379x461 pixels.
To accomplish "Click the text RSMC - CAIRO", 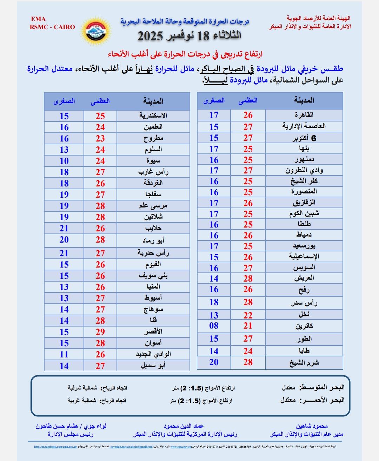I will pos(52,27).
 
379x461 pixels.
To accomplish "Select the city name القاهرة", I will pos(304,115).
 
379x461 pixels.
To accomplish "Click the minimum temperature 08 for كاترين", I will pos(214,326).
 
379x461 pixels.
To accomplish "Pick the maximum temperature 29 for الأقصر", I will pos(100,332).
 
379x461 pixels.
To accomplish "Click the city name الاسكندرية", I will pos(153,116).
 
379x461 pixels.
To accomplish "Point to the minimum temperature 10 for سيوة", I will pos(64,161).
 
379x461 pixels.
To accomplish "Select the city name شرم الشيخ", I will pos(304,363).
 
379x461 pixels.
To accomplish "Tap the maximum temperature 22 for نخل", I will pos(248,315).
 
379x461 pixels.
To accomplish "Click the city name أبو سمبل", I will pos(153,365).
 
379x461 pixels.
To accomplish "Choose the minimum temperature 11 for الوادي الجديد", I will pos(64,354).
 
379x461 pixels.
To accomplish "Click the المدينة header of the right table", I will pos(304,100).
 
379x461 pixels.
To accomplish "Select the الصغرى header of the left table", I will pos(64,101).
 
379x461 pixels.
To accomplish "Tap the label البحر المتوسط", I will pos(321,388).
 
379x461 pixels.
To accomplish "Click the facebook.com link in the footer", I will pos(55,447).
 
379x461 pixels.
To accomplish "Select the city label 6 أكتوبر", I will pos(304,138).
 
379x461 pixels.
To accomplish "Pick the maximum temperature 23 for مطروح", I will pos(100,139).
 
